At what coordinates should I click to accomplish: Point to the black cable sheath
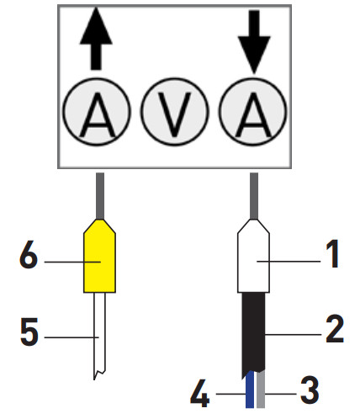[x=254, y=332]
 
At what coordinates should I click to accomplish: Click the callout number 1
[x=333, y=255]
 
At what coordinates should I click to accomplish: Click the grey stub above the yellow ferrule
[x=100, y=194]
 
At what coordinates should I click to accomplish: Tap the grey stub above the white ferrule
[x=254, y=194]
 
